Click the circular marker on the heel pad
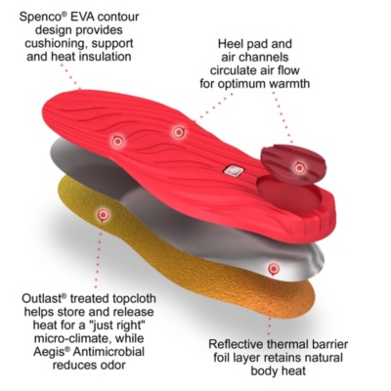click(299, 168)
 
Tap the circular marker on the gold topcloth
click(104, 215)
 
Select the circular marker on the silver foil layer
click(274, 269)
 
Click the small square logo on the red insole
click(233, 169)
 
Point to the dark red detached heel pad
click(294, 164)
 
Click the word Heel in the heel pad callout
click(230, 44)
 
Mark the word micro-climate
click(70, 338)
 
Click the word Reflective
click(236, 344)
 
